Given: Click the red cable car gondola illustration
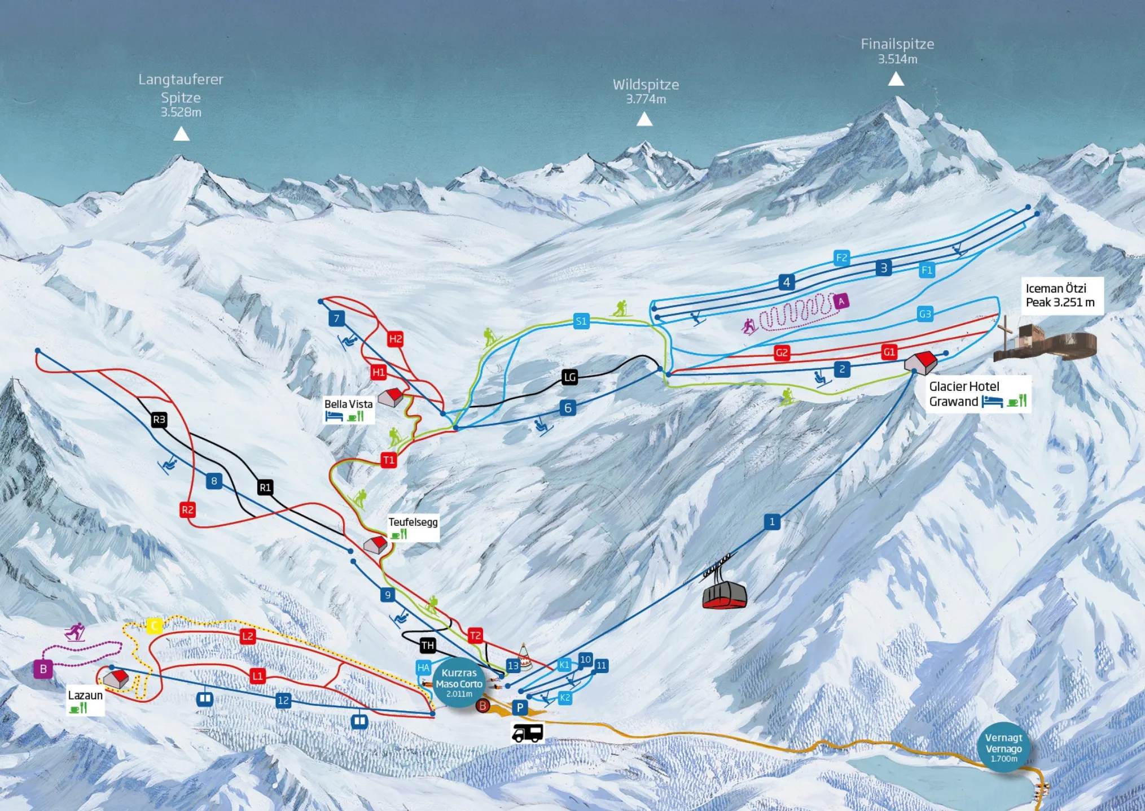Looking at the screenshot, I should coord(725,595).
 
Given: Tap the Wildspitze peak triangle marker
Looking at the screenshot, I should coord(644,119).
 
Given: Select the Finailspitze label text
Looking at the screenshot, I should coord(897,44).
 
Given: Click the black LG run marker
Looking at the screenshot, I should coord(570,377).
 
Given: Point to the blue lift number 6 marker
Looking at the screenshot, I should coord(568,408).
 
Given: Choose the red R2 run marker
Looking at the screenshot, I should coord(187,510).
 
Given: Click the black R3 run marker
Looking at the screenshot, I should coord(159,420).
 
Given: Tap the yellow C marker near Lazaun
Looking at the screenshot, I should coord(154,625).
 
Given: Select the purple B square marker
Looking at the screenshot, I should coord(43,669).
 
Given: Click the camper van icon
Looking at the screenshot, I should coord(527,733).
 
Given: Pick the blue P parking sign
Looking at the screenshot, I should coord(520,707).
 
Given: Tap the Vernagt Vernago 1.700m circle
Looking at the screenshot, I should coord(1003,747).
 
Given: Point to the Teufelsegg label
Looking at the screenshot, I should coord(413,522).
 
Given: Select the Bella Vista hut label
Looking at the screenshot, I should coord(348,404).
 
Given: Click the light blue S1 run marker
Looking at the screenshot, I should coord(581,321).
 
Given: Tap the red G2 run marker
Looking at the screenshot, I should coord(782,353).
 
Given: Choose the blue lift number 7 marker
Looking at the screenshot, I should coord(336,319).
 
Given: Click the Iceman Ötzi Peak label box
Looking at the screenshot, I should coord(1060,295).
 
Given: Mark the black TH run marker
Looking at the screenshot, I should coord(428,645).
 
